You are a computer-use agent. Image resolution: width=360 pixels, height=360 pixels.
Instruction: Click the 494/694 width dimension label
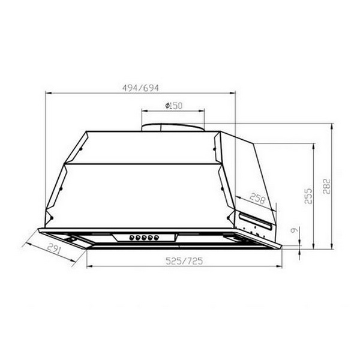(x=140, y=88)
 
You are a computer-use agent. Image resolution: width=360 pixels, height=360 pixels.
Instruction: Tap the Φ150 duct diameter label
(x=173, y=106)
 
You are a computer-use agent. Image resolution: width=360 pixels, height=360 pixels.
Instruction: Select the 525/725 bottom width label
(x=184, y=261)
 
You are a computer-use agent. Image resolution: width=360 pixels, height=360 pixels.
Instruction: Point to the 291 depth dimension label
(x=54, y=248)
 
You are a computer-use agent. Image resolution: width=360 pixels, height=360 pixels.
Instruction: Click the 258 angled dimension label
(x=257, y=199)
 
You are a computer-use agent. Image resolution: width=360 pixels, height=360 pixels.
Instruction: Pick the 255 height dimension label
(x=308, y=196)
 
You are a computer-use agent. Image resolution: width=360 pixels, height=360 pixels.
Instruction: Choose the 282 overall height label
(x=326, y=186)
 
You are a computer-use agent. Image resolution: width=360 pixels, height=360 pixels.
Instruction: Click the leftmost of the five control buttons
(x=132, y=238)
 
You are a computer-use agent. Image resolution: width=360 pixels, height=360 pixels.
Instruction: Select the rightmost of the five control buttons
(x=157, y=238)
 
